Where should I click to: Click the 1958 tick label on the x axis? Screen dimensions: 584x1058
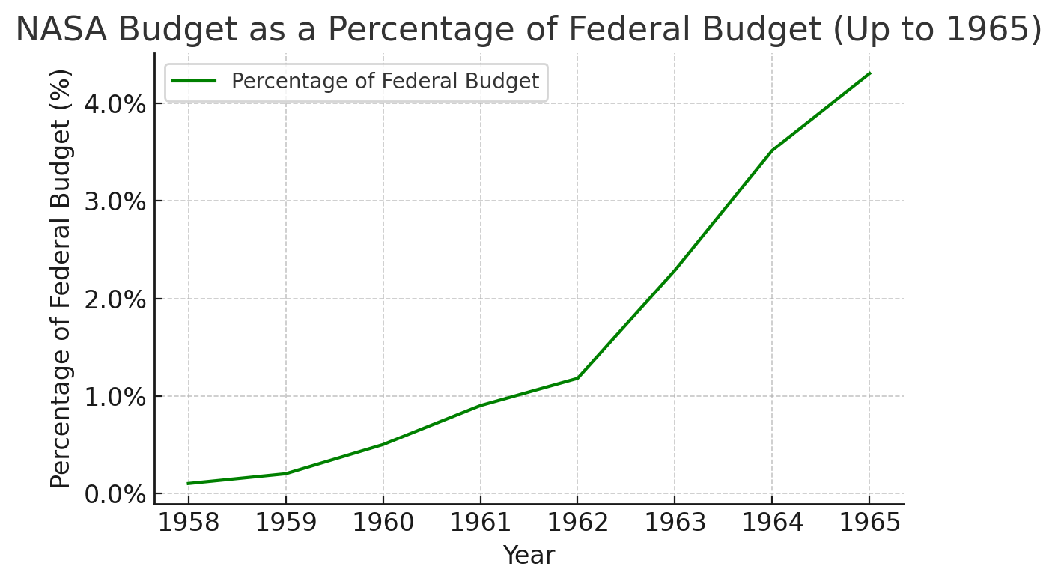188,523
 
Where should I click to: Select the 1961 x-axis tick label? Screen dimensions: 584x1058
480,523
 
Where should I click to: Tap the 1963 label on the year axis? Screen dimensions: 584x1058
675,523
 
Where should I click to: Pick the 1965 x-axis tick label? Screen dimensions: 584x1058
869,523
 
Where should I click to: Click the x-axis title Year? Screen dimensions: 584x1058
529,556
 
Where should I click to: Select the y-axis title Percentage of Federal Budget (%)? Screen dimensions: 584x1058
62,279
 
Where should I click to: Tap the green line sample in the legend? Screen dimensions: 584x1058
195,81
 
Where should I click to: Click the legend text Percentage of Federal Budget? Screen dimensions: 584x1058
385,81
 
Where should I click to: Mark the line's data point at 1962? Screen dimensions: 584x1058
577,378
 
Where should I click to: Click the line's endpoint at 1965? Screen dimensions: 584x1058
869,73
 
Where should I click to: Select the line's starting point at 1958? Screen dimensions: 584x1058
188,484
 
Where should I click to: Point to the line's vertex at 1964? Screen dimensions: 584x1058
772,150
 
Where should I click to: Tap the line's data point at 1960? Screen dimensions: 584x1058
383,445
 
